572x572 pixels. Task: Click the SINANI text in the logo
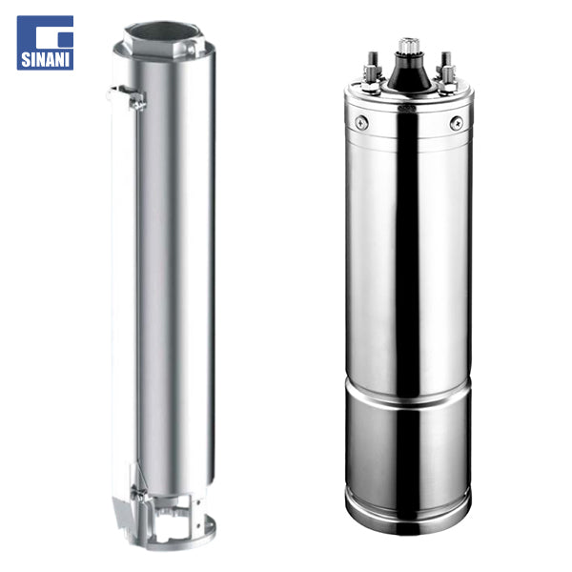click(x=45, y=59)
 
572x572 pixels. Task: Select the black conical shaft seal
click(x=409, y=71)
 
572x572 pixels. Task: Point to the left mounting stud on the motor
click(x=372, y=71)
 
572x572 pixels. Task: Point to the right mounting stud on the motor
click(x=446, y=71)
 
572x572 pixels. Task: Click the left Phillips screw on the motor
click(x=362, y=123)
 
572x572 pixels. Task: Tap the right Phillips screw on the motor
click(x=457, y=123)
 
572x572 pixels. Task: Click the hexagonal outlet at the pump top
click(x=164, y=39)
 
